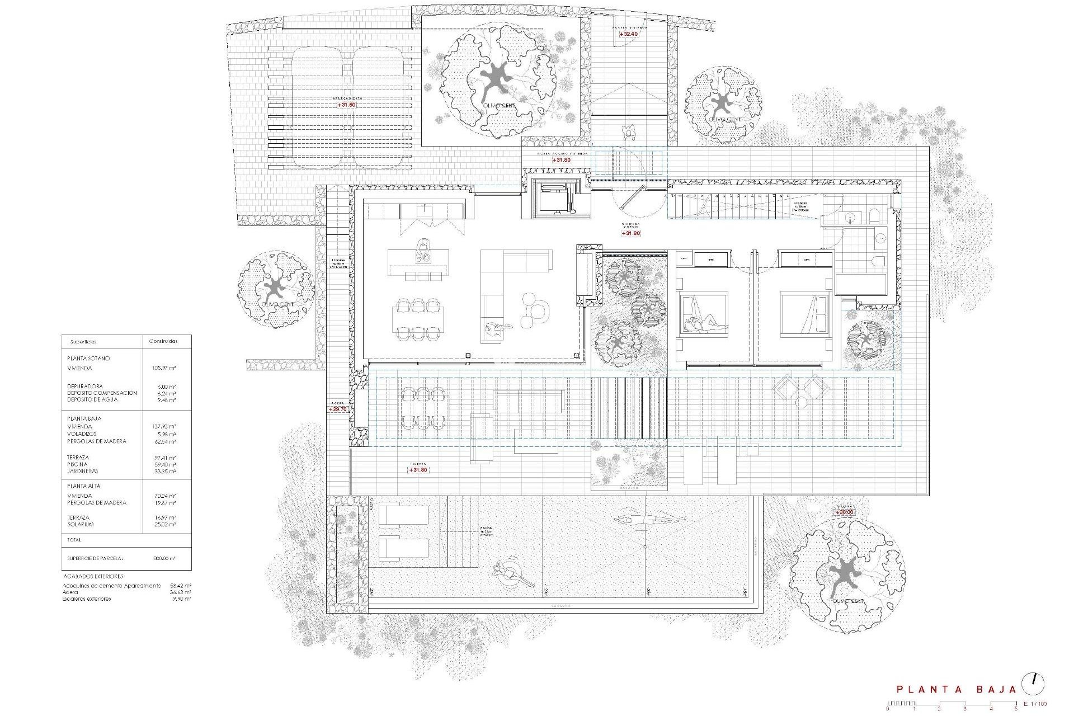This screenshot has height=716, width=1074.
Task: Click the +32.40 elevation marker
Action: pyautogui.click(x=629, y=34)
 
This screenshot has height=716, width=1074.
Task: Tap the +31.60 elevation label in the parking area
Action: pyautogui.click(x=346, y=105)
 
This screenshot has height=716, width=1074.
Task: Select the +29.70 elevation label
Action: pyautogui.click(x=338, y=409)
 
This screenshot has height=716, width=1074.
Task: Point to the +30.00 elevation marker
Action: pyautogui.click(x=844, y=512)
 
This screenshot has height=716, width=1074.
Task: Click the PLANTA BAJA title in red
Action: pyautogui.click(x=956, y=690)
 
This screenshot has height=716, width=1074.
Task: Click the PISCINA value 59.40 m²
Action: pyautogui.click(x=164, y=464)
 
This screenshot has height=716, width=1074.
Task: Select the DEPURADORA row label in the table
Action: pyautogui.click(x=85, y=386)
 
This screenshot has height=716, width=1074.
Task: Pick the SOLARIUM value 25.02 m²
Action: pyautogui.click(x=164, y=525)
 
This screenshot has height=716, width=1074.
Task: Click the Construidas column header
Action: pyautogui.click(x=163, y=341)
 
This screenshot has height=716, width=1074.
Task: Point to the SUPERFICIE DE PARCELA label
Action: pyautogui.click(x=95, y=558)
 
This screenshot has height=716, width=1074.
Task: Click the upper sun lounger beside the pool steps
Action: pyautogui.click(x=403, y=514)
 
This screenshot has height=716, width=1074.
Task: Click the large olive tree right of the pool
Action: pyautogui.click(x=846, y=574)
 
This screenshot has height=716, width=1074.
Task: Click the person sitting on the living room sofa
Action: pyautogui.click(x=493, y=328)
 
